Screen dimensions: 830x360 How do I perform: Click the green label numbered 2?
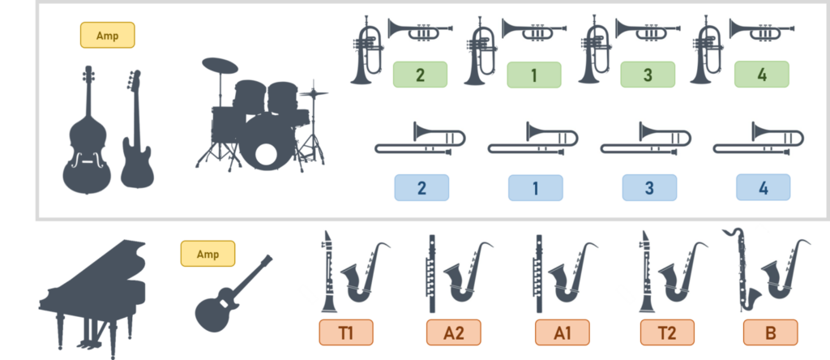pos(420,75)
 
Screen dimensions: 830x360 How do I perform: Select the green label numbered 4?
pos(761,75)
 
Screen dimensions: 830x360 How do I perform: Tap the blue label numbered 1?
pos(535,188)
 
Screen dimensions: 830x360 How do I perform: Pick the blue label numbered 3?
pos(649,188)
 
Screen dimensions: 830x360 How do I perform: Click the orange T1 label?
pos(345,332)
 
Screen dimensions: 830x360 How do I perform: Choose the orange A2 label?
pos(454,332)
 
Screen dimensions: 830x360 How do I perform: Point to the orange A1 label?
pos(562,332)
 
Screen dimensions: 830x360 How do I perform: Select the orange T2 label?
pos(667,332)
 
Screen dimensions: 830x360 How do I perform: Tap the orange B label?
pos(770,332)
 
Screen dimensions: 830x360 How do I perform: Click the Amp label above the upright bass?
pos(108,35)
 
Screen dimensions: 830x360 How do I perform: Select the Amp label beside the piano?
pos(207,254)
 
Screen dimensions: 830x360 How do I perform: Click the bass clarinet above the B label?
pos(742,270)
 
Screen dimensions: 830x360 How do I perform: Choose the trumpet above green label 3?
pos(648,29)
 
